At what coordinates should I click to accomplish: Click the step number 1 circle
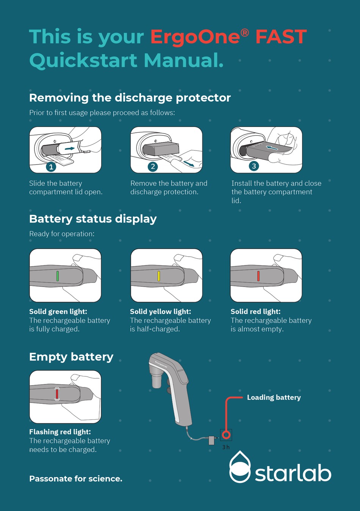point(51,167)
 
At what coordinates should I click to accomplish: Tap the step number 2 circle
point(153,166)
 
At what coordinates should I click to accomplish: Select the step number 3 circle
point(254,166)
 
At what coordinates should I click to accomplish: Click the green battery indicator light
point(58,276)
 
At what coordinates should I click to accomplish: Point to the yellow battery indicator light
point(159,276)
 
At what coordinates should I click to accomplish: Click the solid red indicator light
point(258,276)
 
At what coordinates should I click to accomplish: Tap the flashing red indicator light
point(57,393)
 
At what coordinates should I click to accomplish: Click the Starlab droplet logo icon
point(240,467)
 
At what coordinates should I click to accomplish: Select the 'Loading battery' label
point(274,397)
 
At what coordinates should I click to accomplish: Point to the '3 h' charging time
point(226,447)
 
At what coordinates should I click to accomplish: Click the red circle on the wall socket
point(226,435)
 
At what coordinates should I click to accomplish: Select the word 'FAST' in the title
point(281,36)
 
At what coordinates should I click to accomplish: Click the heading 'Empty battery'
point(71,357)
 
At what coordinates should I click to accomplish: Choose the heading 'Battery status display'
point(93,219)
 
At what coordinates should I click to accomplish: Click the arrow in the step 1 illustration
point(70,149)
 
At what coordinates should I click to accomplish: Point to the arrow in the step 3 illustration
point(272,148)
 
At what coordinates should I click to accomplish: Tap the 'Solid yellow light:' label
point(161,311)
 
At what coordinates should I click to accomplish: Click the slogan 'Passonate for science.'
point(76,478)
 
